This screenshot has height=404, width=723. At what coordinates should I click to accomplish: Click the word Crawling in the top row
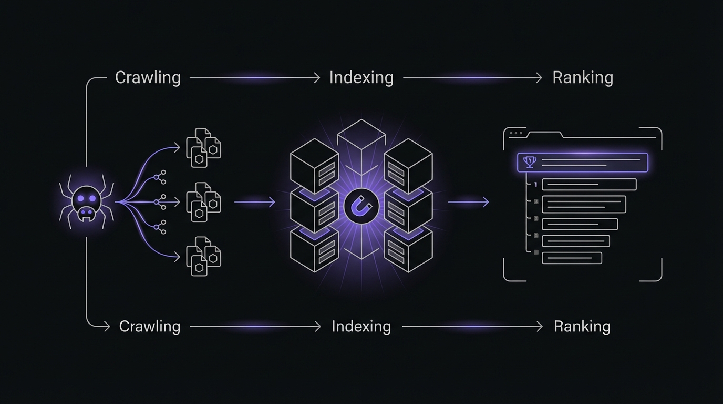(148, 78)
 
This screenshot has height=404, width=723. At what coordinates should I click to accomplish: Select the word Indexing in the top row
(361, 78)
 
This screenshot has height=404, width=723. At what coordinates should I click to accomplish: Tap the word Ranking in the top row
(583, 78)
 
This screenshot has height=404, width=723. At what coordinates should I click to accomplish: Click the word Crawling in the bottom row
(150, 327)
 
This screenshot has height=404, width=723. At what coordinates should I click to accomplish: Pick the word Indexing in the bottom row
(361, 327)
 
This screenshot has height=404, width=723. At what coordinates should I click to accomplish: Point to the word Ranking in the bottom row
(582, 327)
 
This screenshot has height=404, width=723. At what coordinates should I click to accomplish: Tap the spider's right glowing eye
(93, 198)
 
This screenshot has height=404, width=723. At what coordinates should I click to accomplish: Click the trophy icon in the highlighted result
(529, 162)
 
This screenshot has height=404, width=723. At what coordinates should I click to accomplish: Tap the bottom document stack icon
(203, 257)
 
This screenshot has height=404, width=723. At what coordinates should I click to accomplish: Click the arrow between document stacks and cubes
(255, 202)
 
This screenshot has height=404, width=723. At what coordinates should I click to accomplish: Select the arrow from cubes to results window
(468, 202)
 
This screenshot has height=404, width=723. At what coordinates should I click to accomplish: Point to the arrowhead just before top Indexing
(316, 78)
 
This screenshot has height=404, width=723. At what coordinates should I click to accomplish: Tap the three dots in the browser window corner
(516, 133)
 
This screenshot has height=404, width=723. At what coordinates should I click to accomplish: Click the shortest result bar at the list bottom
(572, 258)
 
